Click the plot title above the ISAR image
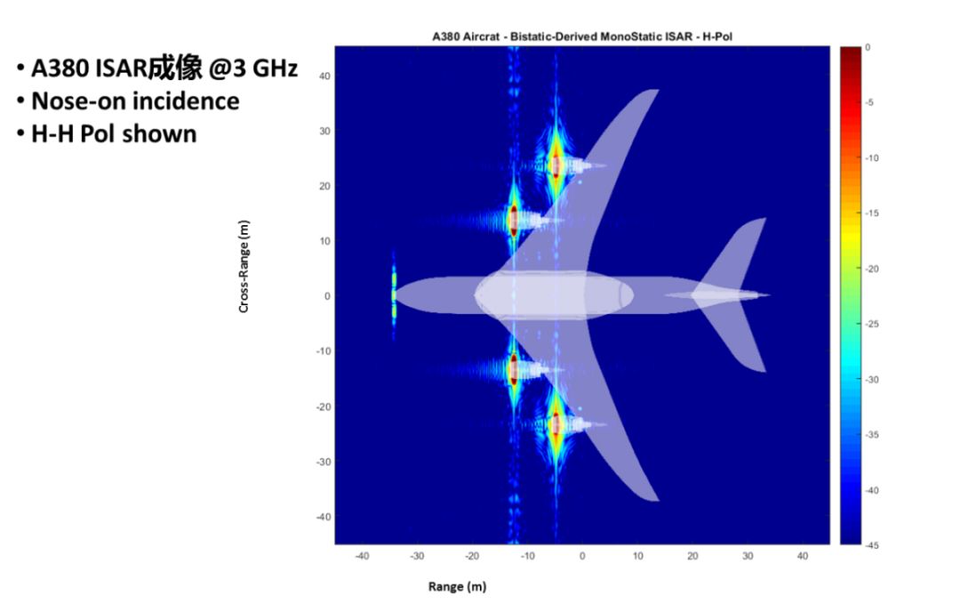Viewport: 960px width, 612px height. pos(581,36)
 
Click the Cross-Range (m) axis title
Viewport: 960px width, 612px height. pos(244,267)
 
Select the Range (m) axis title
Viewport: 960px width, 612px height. pos(458,586)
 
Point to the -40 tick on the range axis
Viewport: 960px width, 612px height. pos(362,556)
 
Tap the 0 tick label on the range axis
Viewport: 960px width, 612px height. pos(582,556)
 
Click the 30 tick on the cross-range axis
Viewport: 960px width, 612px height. pos(324,131)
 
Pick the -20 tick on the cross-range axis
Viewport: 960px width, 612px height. pos(323,407)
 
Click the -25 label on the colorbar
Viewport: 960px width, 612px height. pos(872,324)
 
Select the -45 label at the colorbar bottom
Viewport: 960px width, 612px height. pos(872,545)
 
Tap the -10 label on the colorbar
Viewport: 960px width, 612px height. pos(872,158)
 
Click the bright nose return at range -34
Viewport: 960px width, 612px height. pos(394,295)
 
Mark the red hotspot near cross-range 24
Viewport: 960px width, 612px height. pos(556,165)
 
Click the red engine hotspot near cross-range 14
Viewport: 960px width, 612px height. pos(514,220)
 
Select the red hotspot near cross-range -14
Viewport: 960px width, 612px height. pos(514,369)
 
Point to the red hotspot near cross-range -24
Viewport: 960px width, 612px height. pos(556,424)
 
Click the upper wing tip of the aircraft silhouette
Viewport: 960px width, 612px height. pos(656,91)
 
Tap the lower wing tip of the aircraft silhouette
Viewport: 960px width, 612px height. pos(656,500)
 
